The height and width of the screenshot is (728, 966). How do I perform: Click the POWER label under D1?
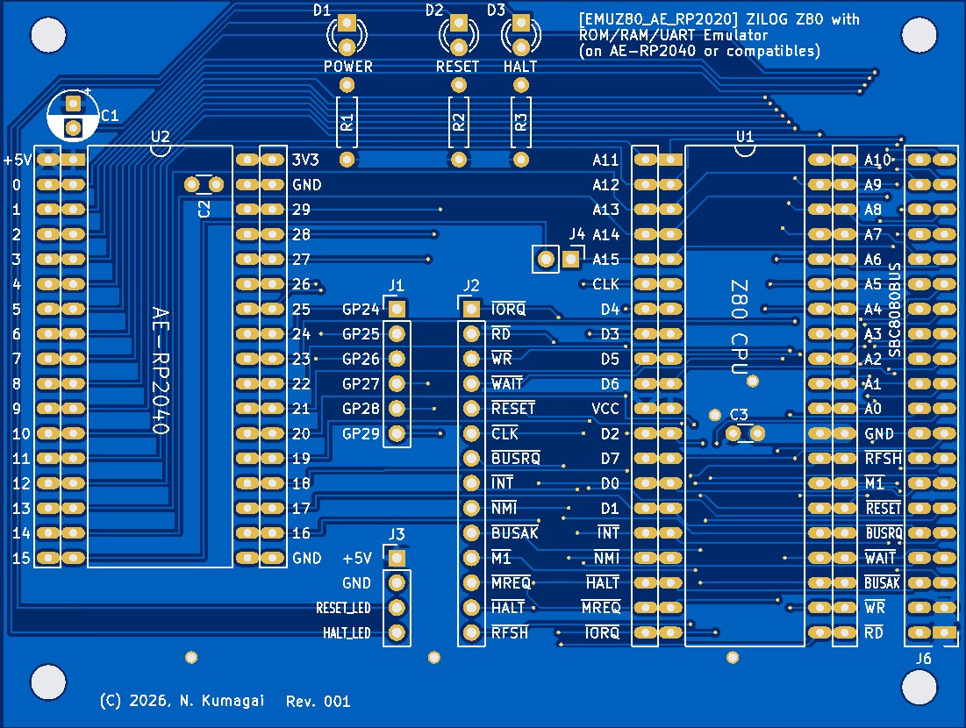point(348,67)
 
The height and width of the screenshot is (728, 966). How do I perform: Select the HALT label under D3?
point(520,67)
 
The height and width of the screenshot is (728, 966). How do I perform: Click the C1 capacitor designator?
point(111,115)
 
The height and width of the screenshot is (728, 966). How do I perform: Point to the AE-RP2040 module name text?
point(159,370)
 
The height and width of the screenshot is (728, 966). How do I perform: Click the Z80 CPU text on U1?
point(739,328)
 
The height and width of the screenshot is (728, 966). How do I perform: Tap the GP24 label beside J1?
point(361,310)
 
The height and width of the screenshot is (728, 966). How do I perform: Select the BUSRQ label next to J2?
point(516,459)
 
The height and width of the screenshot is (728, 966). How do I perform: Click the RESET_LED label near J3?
point(343,608)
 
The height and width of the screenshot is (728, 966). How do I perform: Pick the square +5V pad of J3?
point(397,558)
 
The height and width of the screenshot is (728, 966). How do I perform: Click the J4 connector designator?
point(576,234)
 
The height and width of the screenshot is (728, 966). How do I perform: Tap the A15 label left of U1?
point(605,260)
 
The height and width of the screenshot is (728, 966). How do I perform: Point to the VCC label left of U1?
point(605,409)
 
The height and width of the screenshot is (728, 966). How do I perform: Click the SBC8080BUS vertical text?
point(895,309)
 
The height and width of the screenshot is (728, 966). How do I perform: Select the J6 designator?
point(924,659)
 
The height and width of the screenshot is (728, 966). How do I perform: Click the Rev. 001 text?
point(318,701)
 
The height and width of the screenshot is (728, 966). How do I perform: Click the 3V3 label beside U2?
point(305,161)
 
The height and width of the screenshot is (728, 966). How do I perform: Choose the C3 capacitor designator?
point(739,414)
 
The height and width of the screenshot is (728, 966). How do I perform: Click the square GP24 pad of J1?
point(397,309)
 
